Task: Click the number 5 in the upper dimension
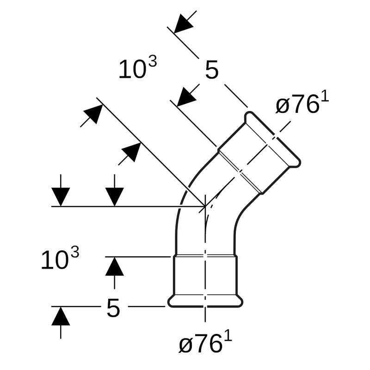coord(211,70)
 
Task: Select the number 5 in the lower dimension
coord(113,308)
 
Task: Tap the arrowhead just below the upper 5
coord(187,97)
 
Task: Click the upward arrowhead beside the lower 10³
coord(114,267)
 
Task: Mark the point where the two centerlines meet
coord(205,206)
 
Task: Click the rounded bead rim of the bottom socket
coord(205,302)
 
